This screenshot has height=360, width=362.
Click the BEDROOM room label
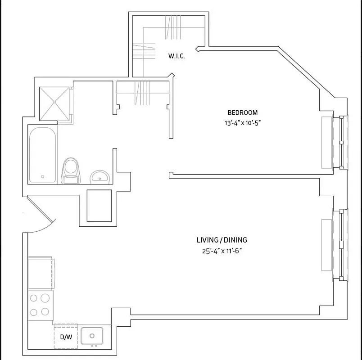[242, 112]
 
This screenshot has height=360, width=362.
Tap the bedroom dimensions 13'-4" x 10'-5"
[242, 123]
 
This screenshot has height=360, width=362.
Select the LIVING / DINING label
[222, 240]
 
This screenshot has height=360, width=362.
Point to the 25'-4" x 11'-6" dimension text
[222, 251]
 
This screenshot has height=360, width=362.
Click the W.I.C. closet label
[176, 56]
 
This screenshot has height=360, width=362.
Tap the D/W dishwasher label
[66, 337]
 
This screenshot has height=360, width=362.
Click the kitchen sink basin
[92, 336]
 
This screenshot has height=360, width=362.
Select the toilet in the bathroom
[71, 171]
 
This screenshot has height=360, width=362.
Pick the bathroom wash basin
[100, 177]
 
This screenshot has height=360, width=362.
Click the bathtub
[42, 155]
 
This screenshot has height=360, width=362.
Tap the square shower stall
[54, 103]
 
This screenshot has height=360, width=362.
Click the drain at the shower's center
[54, 102]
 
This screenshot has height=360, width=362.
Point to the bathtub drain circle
[42, 177]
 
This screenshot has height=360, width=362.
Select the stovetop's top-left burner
[34, 298]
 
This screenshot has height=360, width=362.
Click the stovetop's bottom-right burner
[45, 311]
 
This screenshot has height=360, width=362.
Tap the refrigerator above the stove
[41, 273]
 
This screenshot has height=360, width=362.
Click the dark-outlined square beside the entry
[99, 206]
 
